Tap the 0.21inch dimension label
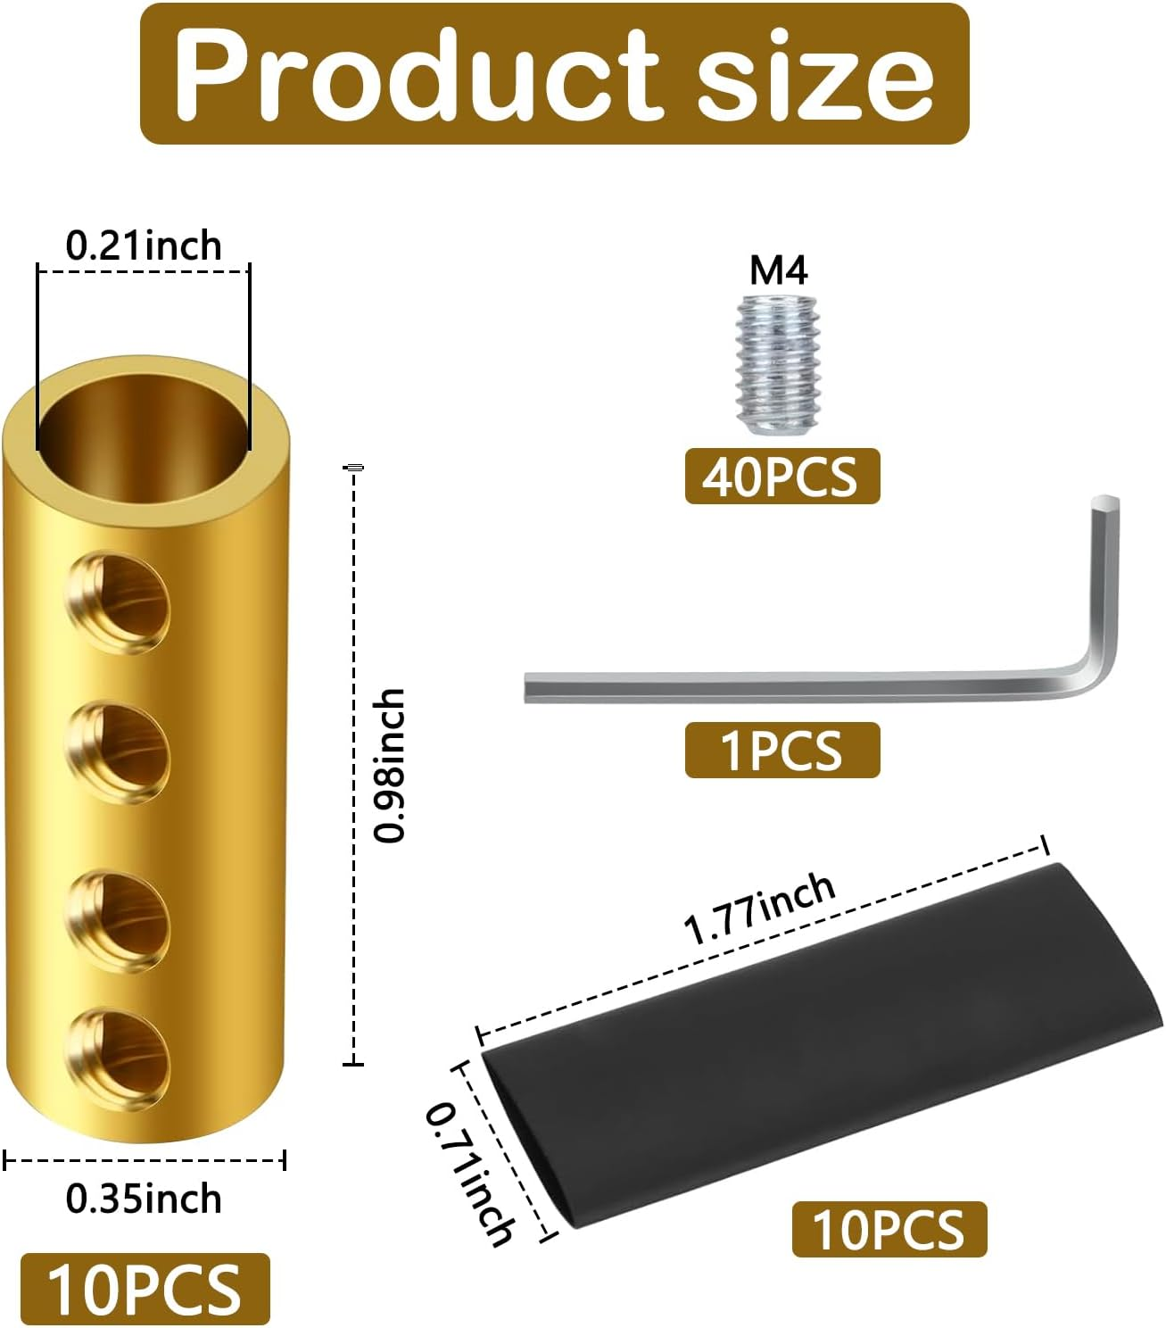point(144,245)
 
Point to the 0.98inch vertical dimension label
point(390,766)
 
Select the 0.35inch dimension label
point(144,1199)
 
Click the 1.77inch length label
point(759,909)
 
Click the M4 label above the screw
point(778,270)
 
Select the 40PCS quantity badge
point(781,477)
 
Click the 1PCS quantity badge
point(781,751)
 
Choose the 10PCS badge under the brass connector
point(145,1290)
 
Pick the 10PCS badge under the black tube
point(889,1229)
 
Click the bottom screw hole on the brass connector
point(120,1058)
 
